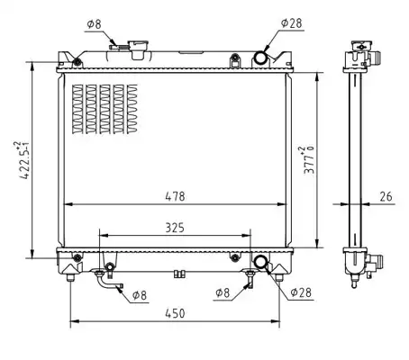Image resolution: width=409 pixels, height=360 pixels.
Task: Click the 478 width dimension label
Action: (x=175, y=196)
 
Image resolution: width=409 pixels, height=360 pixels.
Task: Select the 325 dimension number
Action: (x=175, y=228)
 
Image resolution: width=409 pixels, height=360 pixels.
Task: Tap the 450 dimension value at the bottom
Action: (x=175, y=313)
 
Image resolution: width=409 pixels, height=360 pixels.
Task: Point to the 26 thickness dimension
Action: (x=386, y=196)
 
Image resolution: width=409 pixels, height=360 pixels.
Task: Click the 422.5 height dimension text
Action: (x=23, y=160)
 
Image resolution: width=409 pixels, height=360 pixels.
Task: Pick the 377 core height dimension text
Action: (x=309, y=160)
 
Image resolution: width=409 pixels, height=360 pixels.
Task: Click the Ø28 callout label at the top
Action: (x=292, y=23)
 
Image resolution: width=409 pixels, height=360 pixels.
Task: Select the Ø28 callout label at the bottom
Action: (x=301, y=292)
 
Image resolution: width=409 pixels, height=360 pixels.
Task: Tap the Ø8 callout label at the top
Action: (x=94, y=24)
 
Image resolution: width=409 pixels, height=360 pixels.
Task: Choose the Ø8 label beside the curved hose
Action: (x=140, y=295)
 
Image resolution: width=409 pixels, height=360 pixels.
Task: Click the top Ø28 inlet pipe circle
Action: (x=260, y=57)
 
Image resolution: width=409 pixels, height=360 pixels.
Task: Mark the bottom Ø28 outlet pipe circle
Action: (x=260, y=262)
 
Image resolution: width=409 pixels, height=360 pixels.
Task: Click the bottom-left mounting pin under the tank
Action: (x=70, y=277)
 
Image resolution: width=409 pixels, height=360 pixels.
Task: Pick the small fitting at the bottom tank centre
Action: (x=179, y=274)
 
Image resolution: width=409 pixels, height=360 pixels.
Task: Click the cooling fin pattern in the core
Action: (x=105, y=109)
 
